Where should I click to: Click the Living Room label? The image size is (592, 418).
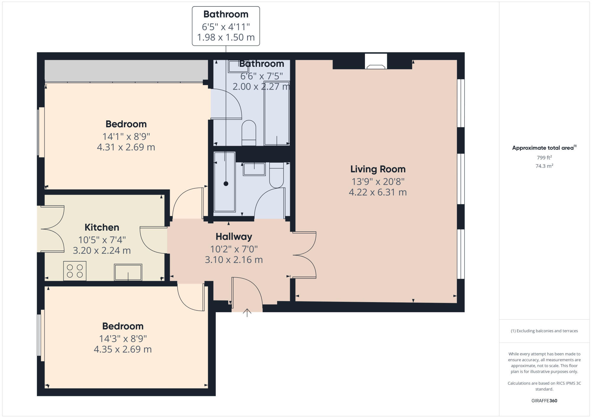point(378,169)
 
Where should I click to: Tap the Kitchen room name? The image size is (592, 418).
point(102,227)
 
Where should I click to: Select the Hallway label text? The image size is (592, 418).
point(234,236)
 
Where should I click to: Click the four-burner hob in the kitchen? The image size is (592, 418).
point(75,271)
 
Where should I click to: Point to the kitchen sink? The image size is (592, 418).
point(128,272)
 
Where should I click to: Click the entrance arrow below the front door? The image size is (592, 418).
point(247,313)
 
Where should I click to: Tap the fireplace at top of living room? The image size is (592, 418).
point(376,62)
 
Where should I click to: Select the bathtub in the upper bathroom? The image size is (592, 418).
point(277,113)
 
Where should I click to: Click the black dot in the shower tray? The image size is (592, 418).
point(226,184)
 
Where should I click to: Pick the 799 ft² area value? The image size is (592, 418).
point(544,158)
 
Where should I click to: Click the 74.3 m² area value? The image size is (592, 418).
point(544,166)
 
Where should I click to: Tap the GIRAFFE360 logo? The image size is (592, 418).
point(544,401)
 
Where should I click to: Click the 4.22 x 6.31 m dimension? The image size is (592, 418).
point(378,192)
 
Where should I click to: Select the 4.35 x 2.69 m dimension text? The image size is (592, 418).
point(123,349)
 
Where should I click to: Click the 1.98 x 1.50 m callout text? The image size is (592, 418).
point(226,38)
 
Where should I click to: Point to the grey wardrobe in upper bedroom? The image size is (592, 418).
point(126,70)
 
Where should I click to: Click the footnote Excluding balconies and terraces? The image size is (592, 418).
point(544,331)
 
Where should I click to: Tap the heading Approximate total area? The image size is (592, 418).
point(543,148)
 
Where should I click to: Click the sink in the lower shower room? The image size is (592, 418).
point(254,169)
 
